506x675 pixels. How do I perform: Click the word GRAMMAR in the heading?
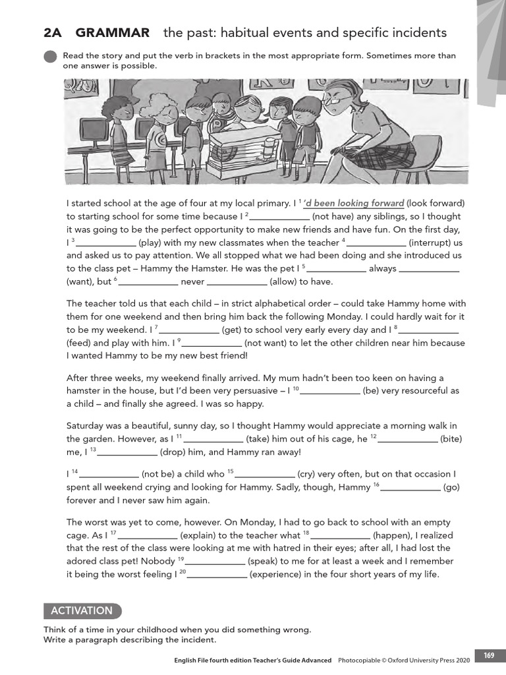[x=112, y=32]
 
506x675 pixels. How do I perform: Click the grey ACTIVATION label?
[x=82, y=610]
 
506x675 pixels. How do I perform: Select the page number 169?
[x=488, y=655]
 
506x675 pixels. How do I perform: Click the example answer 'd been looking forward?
[x=354, y=203]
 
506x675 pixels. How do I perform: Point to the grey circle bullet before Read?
[x=50, y=57]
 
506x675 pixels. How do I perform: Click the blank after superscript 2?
[x=279, y=216]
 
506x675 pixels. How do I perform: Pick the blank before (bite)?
[x=407, y=439]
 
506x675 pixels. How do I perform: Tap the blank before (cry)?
[x=264, y=474]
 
